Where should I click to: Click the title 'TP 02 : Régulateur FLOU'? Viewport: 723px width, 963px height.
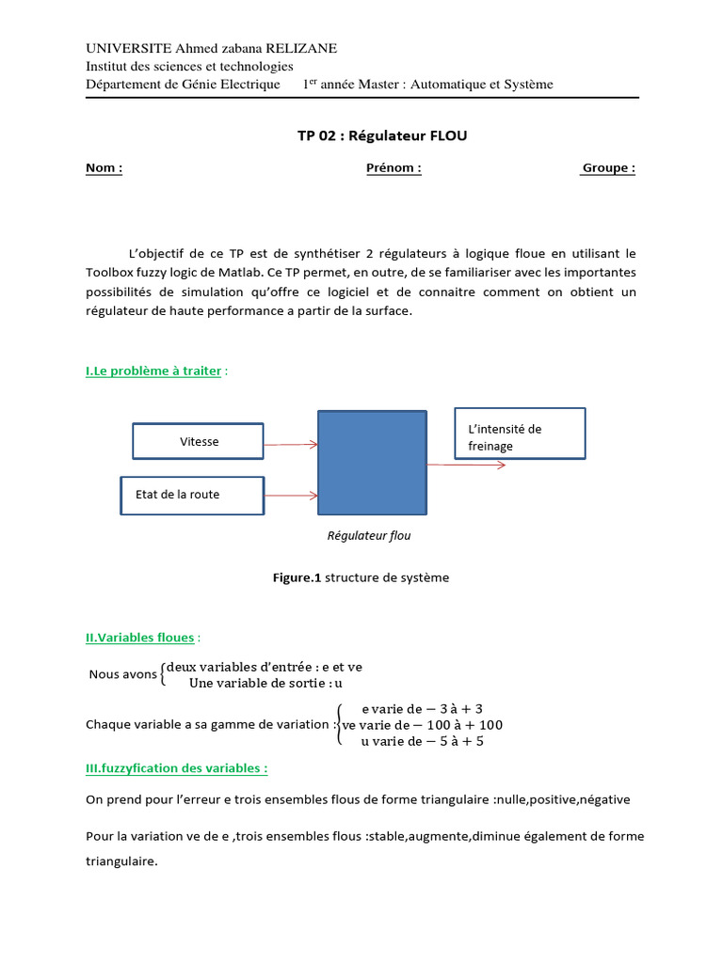(x=382, y=135)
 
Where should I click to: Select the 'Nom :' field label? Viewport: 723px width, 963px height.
(x=104, y=168)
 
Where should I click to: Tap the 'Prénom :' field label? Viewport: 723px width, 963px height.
(x=394, y=168)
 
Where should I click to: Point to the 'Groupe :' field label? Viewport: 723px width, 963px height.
(x=608, y=168)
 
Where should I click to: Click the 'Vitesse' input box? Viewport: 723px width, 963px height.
(x=198, y=442)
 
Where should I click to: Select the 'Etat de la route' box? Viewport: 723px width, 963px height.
(x=192, y=495)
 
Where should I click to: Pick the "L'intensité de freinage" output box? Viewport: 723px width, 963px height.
(x=520, y=434)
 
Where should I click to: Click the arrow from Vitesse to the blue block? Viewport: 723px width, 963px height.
(x=291, y=444)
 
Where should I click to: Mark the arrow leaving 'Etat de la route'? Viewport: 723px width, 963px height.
(x=291, y=495)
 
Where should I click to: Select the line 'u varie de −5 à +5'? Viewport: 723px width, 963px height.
(x=423, y=741)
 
